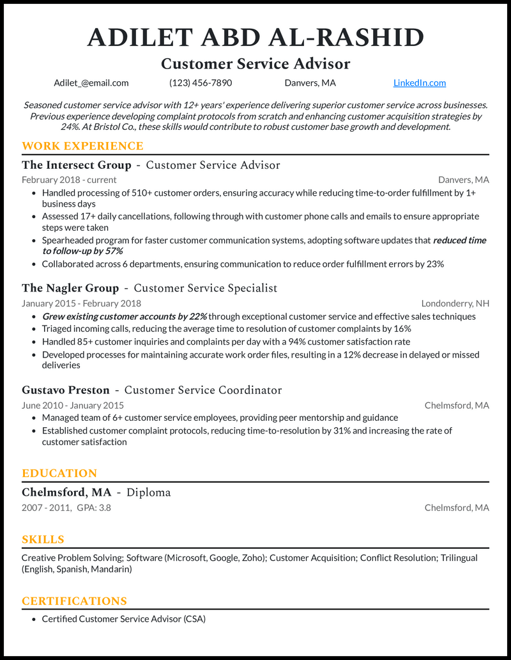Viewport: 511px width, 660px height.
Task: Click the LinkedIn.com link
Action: coord(420,82)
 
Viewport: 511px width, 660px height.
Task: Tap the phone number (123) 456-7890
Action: coord(201,82)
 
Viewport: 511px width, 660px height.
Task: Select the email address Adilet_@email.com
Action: coord(91,82)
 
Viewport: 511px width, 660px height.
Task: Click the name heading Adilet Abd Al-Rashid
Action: coord(256,38)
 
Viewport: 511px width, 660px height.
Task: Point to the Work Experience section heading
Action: coord(82,146)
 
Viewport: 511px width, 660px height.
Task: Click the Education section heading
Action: coord(59,473)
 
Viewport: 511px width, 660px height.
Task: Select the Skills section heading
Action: coord(43,539)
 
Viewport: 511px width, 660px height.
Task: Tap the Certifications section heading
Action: coord(74,601)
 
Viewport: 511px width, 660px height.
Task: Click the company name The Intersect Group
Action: coord(77,165)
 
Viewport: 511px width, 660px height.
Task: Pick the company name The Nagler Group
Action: coord(70,288)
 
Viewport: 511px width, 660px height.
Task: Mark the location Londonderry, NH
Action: coord(455,303)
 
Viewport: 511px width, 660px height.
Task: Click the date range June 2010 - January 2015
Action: coord(73,405)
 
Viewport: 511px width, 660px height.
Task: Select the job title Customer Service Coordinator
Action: coord(203,390)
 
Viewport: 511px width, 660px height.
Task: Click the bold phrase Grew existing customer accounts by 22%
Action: coord(124,317)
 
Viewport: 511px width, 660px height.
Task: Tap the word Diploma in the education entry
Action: coord(149,492)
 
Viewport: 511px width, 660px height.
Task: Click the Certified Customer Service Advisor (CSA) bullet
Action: coord(124,619)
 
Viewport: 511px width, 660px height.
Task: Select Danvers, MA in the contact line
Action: coord(310,82)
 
